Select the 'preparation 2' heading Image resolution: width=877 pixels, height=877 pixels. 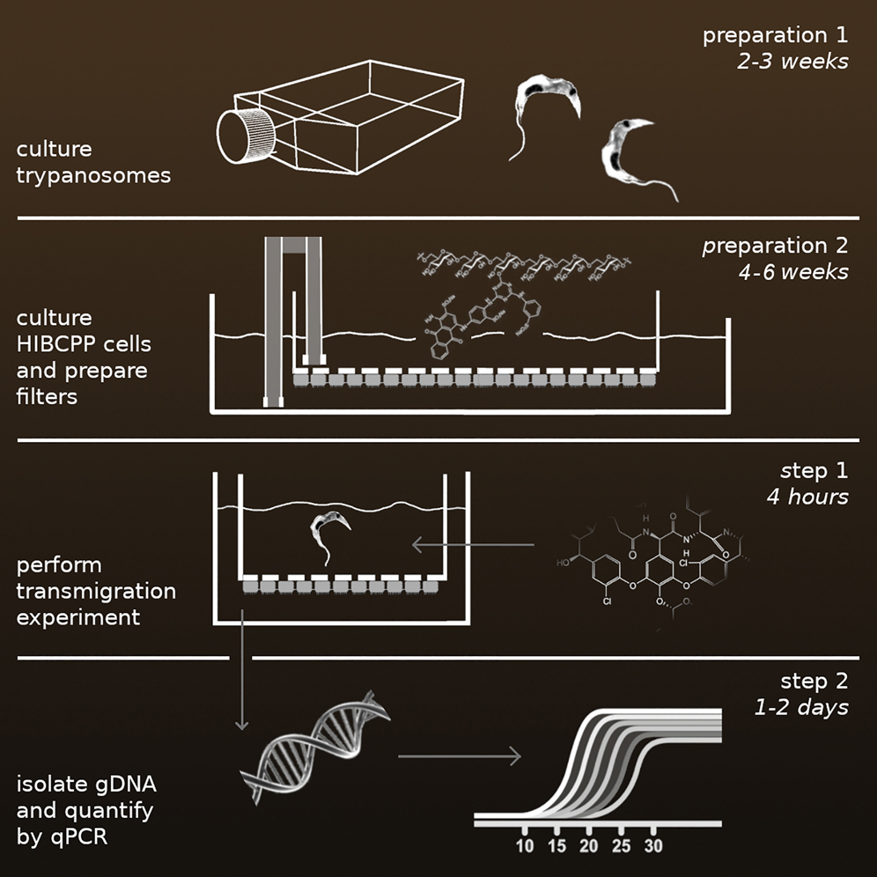pos(775,246)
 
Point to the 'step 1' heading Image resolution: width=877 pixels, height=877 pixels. pos(815,471)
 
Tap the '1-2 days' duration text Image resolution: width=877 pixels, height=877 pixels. pos(802,706)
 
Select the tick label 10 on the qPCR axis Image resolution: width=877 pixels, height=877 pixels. pos(525,847)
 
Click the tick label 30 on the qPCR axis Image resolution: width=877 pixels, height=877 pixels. pos(653,847)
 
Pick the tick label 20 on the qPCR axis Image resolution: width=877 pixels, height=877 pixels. pos(589,847)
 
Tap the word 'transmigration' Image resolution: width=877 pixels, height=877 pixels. pos(95,590)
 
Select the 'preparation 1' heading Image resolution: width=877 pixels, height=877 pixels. pos(775,37)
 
